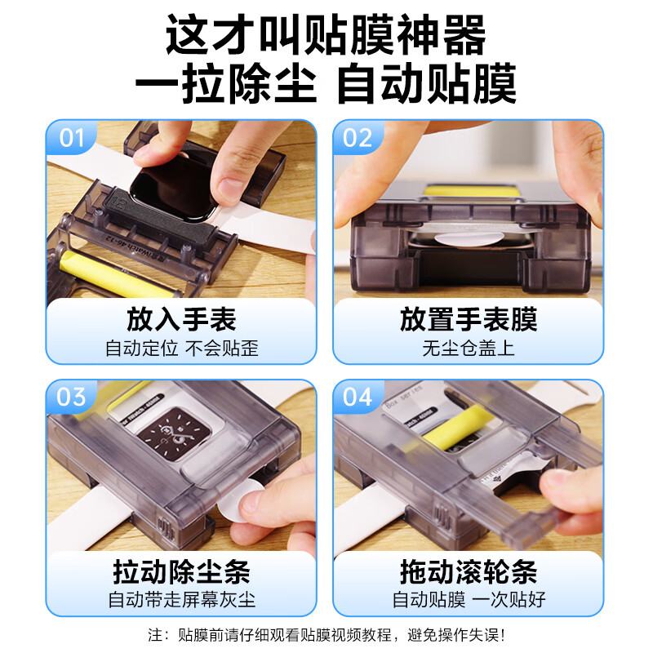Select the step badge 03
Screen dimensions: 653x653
click(73, 398)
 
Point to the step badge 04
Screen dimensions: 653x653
click(358, 398)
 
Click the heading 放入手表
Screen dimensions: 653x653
click(181, 319)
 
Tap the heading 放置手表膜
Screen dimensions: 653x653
click(469, 319)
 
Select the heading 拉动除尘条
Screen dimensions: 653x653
click(181, 571)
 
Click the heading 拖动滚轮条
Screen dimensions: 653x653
click(469, 571)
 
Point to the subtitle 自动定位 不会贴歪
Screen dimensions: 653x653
click(181, 349)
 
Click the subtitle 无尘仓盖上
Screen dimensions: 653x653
click(469, 349)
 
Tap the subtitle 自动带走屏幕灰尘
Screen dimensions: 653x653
click(181, 601)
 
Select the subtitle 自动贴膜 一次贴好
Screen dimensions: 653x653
click(469, 601)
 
